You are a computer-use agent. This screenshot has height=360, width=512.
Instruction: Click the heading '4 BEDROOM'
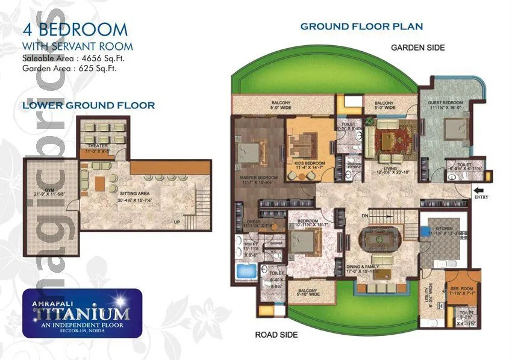[75, 29]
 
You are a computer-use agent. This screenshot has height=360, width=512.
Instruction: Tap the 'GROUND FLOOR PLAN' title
[361, 26]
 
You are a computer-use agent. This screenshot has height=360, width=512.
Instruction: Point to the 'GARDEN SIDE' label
[418, 48]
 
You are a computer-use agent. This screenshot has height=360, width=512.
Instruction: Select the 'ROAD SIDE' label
[276, 335]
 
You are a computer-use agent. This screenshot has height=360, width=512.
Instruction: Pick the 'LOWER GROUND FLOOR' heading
[89, 105]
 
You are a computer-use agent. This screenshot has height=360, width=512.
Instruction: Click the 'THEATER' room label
[98, 146]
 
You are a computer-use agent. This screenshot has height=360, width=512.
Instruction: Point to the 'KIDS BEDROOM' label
[310, 163]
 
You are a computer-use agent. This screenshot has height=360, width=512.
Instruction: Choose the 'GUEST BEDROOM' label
[444, 103]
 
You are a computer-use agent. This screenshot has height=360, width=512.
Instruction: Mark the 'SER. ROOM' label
[462, 289]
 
